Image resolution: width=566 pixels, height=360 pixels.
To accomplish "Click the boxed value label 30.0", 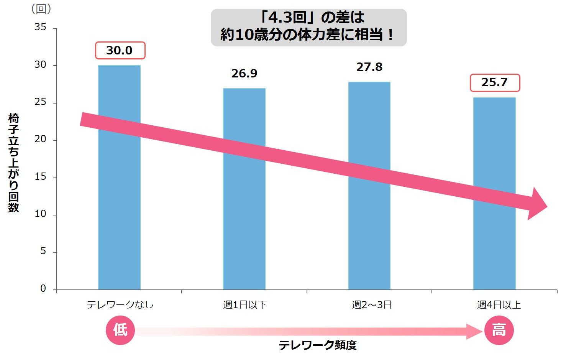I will [x=120, y=51].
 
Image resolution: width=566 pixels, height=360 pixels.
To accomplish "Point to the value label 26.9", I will [x=244, y=73].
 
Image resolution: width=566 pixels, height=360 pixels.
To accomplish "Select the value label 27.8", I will [x=369, y=67].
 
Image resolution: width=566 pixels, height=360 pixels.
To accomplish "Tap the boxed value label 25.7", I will [x=495, y=82].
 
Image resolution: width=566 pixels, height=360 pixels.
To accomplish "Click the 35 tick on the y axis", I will [x=40, y=28].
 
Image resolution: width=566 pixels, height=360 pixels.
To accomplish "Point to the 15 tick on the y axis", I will [x=40, y=177].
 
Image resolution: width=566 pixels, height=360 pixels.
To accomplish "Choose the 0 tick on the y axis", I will [x=43, y=289].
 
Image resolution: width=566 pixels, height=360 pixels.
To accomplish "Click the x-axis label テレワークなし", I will [x=120, y=305].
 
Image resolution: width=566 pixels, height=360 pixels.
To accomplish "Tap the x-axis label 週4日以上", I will [x=499, y=305].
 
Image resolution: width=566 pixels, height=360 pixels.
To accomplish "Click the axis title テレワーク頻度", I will [x=317, y=345].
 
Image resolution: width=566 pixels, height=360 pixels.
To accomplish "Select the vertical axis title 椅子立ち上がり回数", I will [x=13, y=163].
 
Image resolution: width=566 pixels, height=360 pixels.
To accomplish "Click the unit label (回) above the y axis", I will [x=41, y=9].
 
